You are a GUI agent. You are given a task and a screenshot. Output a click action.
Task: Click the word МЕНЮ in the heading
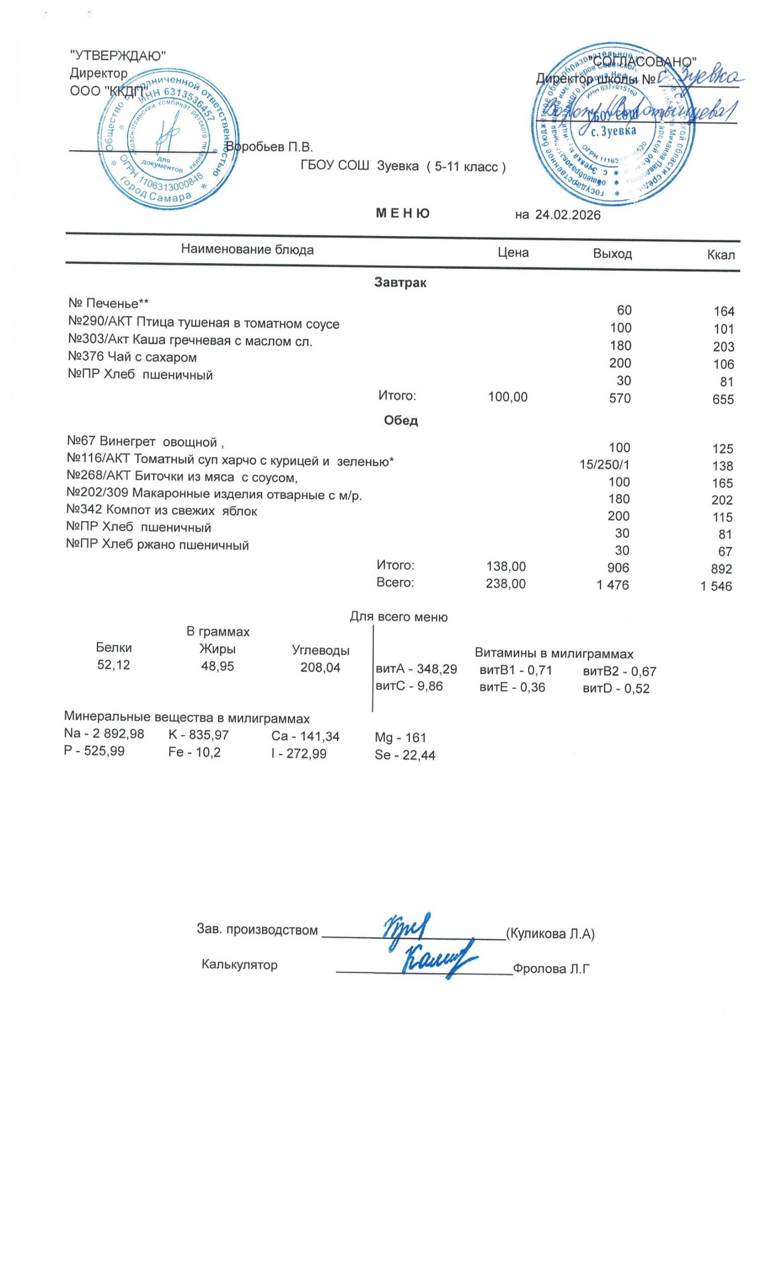pyautogui.click(x=403, y=213)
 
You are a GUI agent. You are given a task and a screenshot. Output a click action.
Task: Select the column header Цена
pyautogui.click(x=513, y=253)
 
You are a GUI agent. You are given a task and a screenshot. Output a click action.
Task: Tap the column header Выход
pyautogui.click(x=612, y=254)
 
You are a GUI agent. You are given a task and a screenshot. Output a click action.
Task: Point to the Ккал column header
pyautogui.click(x=720, y=255)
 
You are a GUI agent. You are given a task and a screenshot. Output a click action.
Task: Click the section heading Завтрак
pyautogui.click(x=400, y=283)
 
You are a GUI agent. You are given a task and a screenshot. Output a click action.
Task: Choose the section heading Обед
pyautogui.click(x=401, y=421)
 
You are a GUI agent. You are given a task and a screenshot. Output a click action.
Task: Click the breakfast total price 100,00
pyautogui.click(x=508, y=397)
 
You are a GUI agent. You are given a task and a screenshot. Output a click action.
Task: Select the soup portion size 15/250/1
pyautogui.click(x=604, y=465)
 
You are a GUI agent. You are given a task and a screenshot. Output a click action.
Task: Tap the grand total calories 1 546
pyautogui.click(x=716, y=587)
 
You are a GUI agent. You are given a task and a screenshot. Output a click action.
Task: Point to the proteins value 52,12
pyautogui.click(x=113, y=665)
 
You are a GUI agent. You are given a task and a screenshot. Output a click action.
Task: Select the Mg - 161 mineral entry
pyautogui.click(x=401, y=738)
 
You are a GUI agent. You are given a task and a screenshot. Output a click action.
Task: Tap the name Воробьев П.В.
pyautogui.click(x=272, y=147)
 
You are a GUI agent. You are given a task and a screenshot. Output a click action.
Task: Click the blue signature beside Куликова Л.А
pyautogui.click(x=405, y=928)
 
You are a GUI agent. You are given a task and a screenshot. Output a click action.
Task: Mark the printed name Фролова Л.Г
pyautogui.click(x=551, y=970)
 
